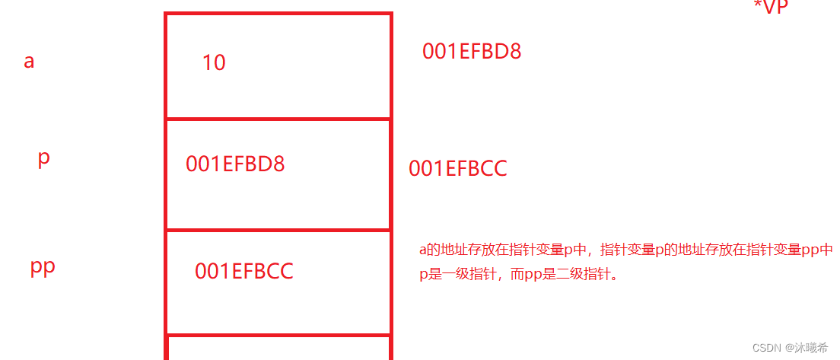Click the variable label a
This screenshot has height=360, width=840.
pyautogui.click(x=29, y=62)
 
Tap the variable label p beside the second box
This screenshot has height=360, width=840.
pyautogui.click(x=43, y=158)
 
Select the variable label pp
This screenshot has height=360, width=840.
pyautogui.click(x=43, y=267)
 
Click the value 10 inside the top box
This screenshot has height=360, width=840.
pyautogui.click(x=214, y=63)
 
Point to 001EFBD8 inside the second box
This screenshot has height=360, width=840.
pyautogui.click(x=235, y=164)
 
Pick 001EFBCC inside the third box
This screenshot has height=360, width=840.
pyautogui.click(x=243, y=272)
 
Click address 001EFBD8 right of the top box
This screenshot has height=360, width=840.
pyautogui.click(x=472, y=52)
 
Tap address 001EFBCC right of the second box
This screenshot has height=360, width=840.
pyautogui.click(x=457, y=169)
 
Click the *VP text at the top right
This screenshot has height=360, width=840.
pyautogui.click(x=771, y=8)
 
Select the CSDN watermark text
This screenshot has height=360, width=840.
pyautogui.click(x=767, y=347)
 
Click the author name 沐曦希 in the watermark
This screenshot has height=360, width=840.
pyautogui.click(x=811, y=347)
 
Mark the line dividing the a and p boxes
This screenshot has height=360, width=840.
pyautogui.click(x=278, y=119)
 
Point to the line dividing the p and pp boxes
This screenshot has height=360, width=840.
pyautogui.click(x=278, y=230)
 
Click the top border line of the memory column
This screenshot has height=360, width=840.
pyautogui.click(x=278, y=13)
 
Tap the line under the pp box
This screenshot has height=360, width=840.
pyautogui.click(x=278, y=334)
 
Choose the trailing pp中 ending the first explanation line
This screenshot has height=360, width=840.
pyautogui.click(x=818, y=250)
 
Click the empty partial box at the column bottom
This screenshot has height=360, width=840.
pyautogui.click(x=278, y=349)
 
